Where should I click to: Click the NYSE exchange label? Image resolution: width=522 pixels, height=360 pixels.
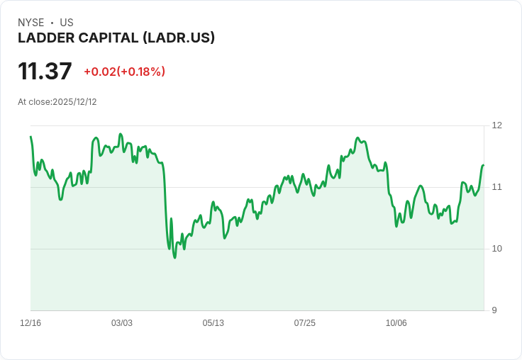click(31, 23)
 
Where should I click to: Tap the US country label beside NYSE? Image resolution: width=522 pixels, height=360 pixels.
click(67, 23)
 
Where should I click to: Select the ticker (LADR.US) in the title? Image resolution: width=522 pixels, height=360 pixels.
click(179, 38)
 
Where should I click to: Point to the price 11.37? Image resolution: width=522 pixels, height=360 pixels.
click(45, 72)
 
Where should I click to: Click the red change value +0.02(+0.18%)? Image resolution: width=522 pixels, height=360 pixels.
click(124, 72)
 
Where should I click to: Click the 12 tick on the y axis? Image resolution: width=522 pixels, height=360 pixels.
click(496, 125)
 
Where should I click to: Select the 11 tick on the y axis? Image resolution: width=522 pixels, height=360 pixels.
click(496, 187)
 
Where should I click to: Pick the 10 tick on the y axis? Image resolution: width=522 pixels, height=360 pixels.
click(496, 249)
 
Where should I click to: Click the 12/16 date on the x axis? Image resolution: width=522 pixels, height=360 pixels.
click(30, 323)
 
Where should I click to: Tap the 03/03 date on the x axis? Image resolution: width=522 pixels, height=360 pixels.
click(122, 323)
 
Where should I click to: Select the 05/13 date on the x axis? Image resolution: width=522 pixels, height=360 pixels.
click(213, 323)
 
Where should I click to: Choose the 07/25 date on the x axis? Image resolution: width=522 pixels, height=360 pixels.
click(305, 323)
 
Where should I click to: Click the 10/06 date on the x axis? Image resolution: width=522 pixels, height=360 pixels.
click(396, 323)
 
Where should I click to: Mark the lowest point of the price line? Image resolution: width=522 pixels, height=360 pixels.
click(174, 257)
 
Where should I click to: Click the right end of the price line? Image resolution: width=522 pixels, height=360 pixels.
click(483, 165)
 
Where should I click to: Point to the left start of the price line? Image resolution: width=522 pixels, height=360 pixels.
click(30, 137)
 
